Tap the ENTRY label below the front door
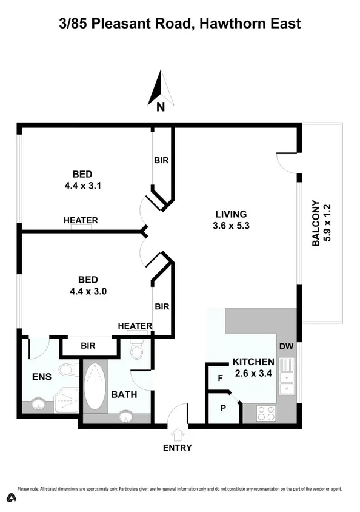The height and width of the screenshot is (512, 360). (x=178, y=448)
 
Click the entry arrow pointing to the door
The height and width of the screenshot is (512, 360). (x=178, y=434)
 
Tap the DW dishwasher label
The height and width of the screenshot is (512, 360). (x=286, y=346)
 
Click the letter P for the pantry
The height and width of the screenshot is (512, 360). (x=222, y=408)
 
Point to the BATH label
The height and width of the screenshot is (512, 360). (x=124, y=394)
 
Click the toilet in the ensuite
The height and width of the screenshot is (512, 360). (x=68, y=368)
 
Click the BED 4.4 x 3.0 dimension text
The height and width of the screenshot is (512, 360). (x=88, y=291)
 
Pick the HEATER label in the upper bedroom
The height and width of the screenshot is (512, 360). (x=81, y=220)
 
